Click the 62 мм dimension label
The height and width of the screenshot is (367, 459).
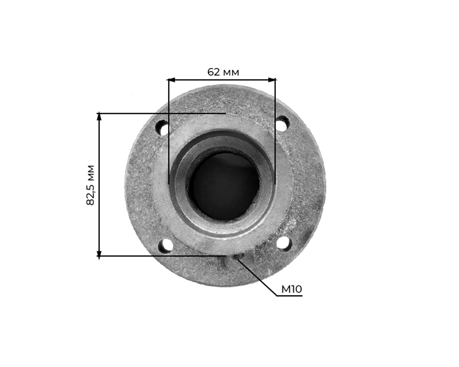click(x=223, y=72)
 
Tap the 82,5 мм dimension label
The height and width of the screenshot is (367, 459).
click(x=91, y=185)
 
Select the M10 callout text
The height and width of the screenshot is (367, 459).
click(x=291, y=289)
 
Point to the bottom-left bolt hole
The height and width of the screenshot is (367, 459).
click(x=165, y=246)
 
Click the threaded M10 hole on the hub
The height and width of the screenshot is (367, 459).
click(x=236, y=258)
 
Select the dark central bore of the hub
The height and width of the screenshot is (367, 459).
click(x=224, y=186)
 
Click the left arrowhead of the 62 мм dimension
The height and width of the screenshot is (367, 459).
click(x=170, y=79)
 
